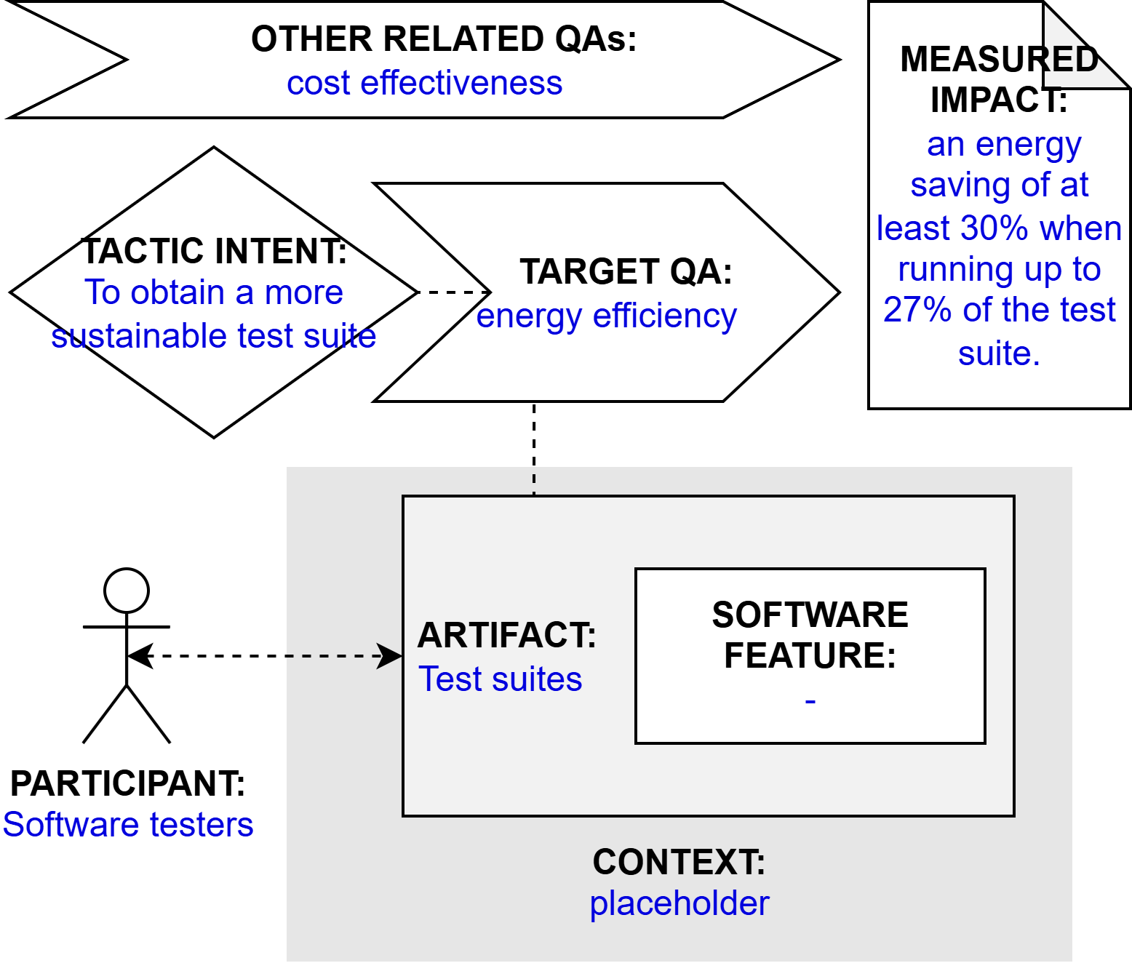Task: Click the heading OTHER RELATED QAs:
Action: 444,39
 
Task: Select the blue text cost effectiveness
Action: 424,83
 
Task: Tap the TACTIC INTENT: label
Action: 214,251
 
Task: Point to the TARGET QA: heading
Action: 626,272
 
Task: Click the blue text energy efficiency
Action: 606,316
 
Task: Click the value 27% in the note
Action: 917,310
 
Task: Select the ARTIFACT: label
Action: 507,635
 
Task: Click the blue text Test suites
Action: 501,679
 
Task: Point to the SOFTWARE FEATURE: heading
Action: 810,635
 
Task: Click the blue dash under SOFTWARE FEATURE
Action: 810,701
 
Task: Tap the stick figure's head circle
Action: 127,591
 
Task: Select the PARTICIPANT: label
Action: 127,783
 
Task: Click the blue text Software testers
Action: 128,825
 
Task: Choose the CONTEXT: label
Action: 679,862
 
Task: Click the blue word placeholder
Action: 679,903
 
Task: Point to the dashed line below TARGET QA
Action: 534,448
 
